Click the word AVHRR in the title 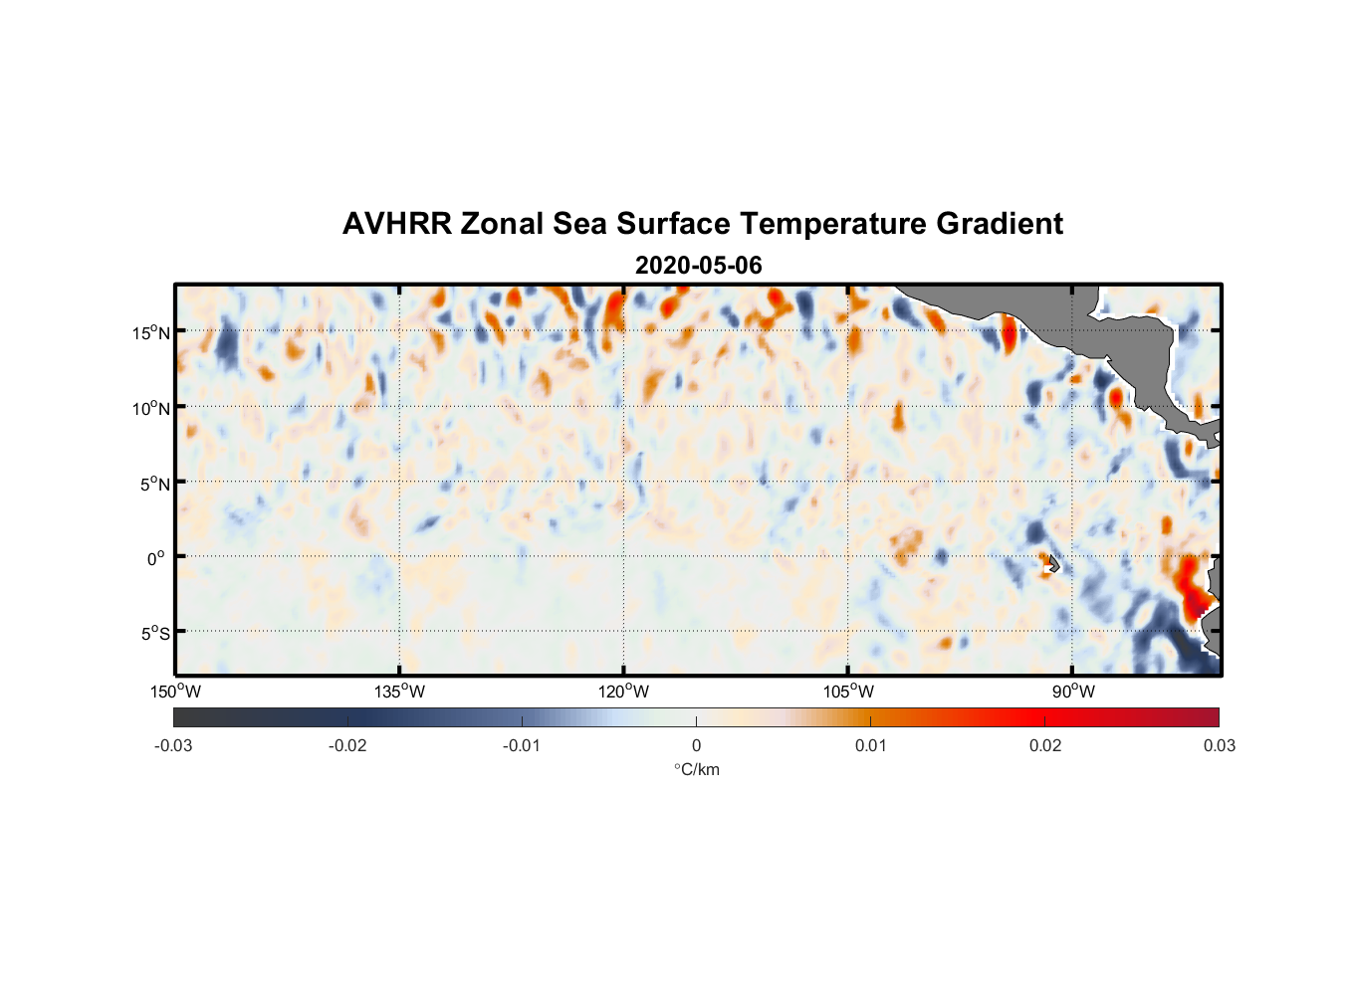[396, 224]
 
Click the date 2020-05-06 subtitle [698, 266]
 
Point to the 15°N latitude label [151, 332]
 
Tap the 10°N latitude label [151, 408]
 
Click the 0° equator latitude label [156, 558]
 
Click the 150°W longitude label [176, 692]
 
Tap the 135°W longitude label [400, 692]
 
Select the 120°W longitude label [624, 692]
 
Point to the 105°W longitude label [848, 692]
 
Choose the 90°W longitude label [1073, 692]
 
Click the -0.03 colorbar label [173, 745]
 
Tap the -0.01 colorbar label [522, 745]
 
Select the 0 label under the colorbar [696, 745]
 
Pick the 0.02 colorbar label [1045, 745]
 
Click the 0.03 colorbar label [1219, 745]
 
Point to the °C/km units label [697, 769]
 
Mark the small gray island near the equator [1053, 564]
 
